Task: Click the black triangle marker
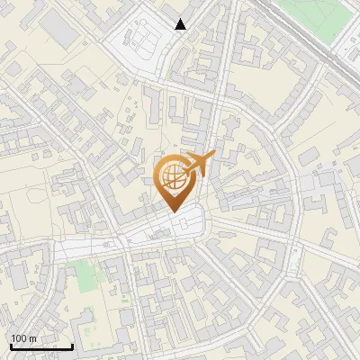(x=181, y=24)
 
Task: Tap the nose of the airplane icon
(x=213, y=156)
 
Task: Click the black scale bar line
(x=41, y=346)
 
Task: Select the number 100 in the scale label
(x=18, y=338)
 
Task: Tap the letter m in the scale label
(x=32, y=338)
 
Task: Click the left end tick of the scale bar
(x=11, y=345)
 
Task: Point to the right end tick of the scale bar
(x=72, y=345)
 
